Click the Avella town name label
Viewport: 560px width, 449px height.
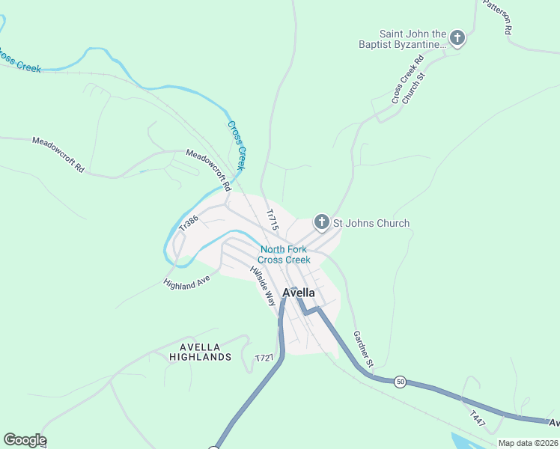click(x=299, y=293)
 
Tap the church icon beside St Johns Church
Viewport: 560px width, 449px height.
click(x=321, y=222)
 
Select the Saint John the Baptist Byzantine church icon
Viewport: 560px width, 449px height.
click(x=457, y=38)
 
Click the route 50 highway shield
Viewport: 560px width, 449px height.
click(x=401, y=382)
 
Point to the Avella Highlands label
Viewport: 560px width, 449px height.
click(x=206, y=352)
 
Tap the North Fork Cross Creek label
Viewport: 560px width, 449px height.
click(x=284, y=254)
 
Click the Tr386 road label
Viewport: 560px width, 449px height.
click(x=189, y=222)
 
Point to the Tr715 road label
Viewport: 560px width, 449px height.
click(x=273, y=218)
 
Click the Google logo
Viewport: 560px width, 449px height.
click(x=25, y=440)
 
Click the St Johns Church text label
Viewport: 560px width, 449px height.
click(x=371, y=223)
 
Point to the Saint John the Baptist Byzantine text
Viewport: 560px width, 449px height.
click(x=413, y=39)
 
